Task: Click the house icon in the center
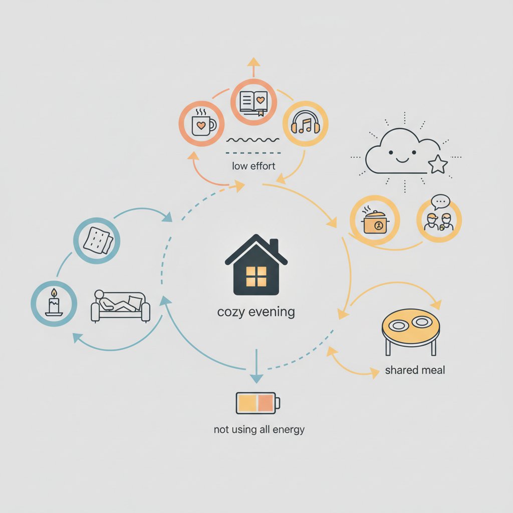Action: [x=256, y=265]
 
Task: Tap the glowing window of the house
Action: [x=256, y=277]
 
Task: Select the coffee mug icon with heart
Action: [x=203, y=124]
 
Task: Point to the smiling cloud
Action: [x=402, y=151]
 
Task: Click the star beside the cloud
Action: [x=438, y=164]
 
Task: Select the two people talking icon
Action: [x=439, y=222]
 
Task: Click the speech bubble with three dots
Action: [x=440, y=202]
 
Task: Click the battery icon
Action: [x=258, y=403]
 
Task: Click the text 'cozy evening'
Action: [x=256, y=312]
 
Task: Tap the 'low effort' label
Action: [x=253, y=166]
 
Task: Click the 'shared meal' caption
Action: [x=415, y=370]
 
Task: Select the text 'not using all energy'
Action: [x=259, y=429]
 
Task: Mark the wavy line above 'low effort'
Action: [x=253, y=140]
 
